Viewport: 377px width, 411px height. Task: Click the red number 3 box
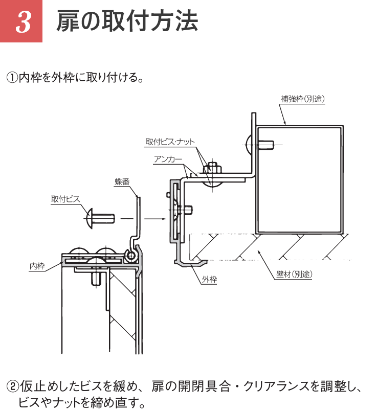21,21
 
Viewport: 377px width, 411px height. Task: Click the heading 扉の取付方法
126,21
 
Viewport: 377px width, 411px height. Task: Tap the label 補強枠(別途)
303,99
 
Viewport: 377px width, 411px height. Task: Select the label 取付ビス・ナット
170,142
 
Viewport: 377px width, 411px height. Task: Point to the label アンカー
168,159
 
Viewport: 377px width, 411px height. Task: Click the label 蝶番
122,181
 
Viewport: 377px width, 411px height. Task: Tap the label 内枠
37,266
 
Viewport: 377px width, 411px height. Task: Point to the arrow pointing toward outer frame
156,218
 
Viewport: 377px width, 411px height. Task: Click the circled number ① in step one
11,78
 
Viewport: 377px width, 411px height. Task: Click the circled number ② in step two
11,386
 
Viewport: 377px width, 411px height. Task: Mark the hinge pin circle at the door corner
132,254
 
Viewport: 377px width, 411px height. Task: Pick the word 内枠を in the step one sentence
34,78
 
